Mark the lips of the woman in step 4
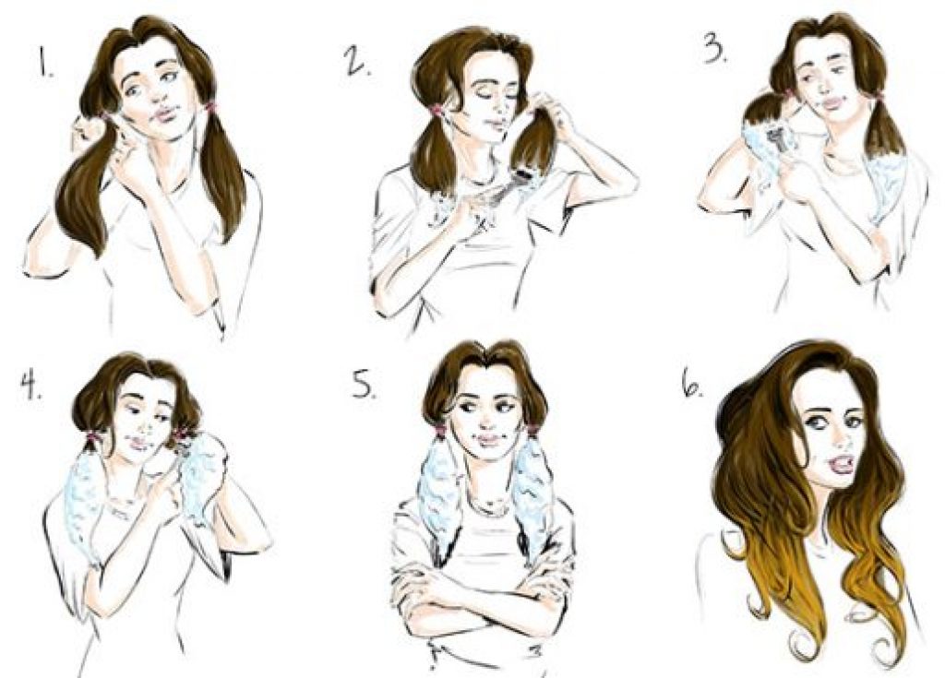point(138,445)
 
